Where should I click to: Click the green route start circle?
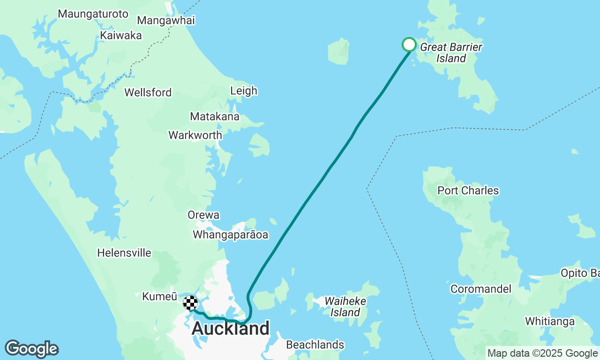coord(409,45)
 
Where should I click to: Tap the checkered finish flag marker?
coord(190,303)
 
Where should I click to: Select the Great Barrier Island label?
coord(451,52)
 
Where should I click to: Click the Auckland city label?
coord(231,329)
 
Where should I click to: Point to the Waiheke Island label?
coord(345,306)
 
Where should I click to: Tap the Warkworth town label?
coord(195,135)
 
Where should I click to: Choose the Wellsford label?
coord(148,92)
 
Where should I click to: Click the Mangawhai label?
coord(166,21)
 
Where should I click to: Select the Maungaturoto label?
coord(93,14)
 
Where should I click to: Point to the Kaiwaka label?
coord(121,35)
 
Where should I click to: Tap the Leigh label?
coord(244,90)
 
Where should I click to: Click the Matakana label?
coord(215,116)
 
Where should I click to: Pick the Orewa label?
coord(203,215)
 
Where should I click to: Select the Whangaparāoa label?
coord(231,235)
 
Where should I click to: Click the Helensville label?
coord(124,253)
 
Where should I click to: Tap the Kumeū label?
coord(159,297)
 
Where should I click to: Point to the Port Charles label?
coord(468,191)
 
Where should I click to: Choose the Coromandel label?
coord(480,289)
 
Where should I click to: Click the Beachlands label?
coord(315,345)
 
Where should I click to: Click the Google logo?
coord(31,349)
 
